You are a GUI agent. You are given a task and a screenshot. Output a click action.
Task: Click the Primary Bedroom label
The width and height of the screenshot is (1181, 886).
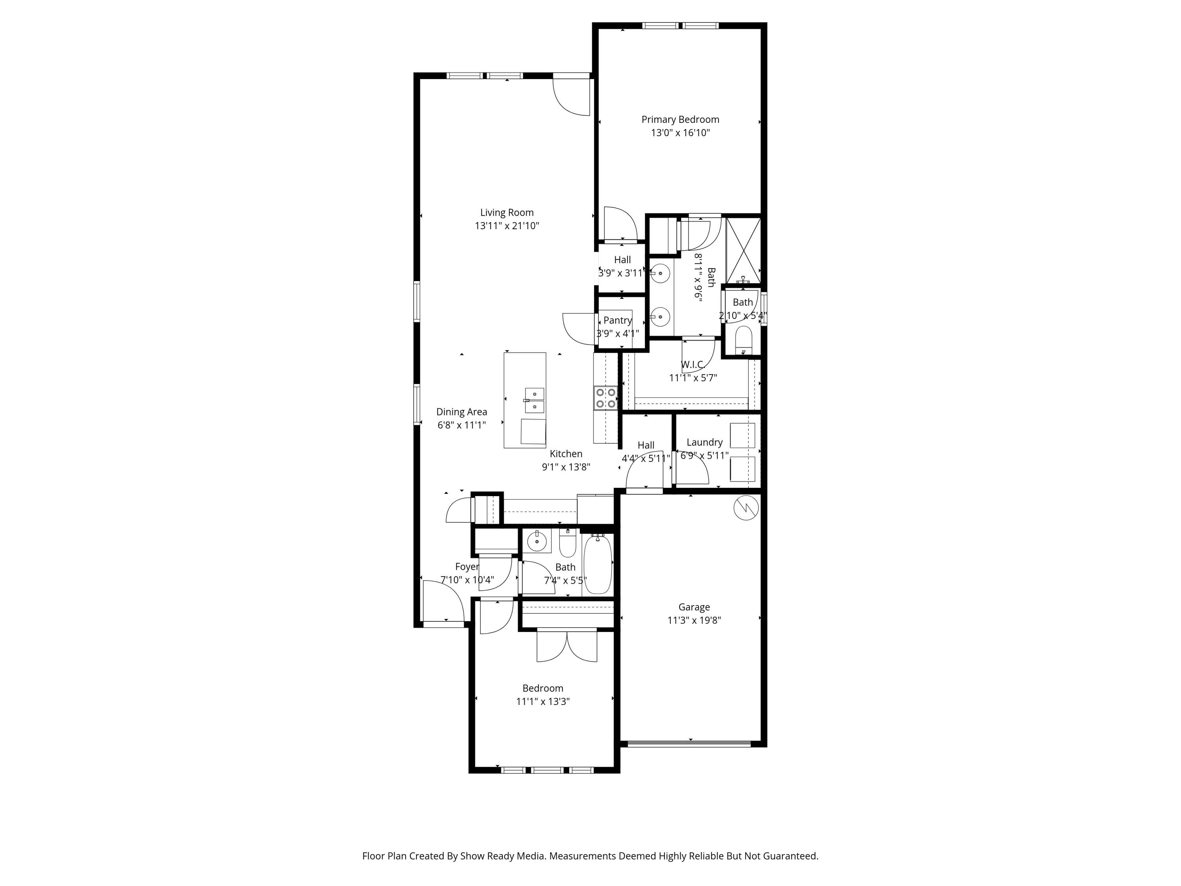click(680, 120)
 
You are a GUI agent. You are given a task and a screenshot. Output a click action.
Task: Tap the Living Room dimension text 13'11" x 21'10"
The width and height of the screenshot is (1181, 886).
click(507, 226)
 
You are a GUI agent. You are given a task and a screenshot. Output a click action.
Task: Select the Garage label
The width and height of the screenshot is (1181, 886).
click(694, 607)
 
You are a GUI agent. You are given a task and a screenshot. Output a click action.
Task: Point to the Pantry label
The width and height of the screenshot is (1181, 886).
click(618, 321)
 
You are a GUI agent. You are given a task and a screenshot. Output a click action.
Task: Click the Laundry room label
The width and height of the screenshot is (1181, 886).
click(704, 442)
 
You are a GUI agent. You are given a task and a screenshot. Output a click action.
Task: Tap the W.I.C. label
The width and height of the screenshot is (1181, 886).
click(692, 365)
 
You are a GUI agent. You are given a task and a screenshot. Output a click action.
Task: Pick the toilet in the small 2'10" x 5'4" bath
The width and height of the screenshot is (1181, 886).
click(743, 340)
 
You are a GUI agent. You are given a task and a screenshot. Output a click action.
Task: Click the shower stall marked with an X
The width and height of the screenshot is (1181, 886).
click(743, 250)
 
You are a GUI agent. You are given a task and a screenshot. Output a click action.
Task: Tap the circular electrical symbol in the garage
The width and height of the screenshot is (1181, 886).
click(746, 508)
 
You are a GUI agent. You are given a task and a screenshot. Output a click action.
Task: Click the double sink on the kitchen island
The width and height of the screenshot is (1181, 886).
click(535, 400)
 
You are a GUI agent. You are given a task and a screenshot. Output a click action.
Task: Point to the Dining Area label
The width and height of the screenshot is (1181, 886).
click(462, 412)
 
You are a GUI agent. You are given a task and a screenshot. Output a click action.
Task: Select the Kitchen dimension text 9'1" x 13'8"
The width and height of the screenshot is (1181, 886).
click(566, 467)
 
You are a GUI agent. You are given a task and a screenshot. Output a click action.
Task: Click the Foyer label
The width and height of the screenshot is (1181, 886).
click(467, 567)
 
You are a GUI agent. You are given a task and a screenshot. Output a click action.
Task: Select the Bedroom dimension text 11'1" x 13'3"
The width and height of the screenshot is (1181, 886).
click(542, 701)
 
